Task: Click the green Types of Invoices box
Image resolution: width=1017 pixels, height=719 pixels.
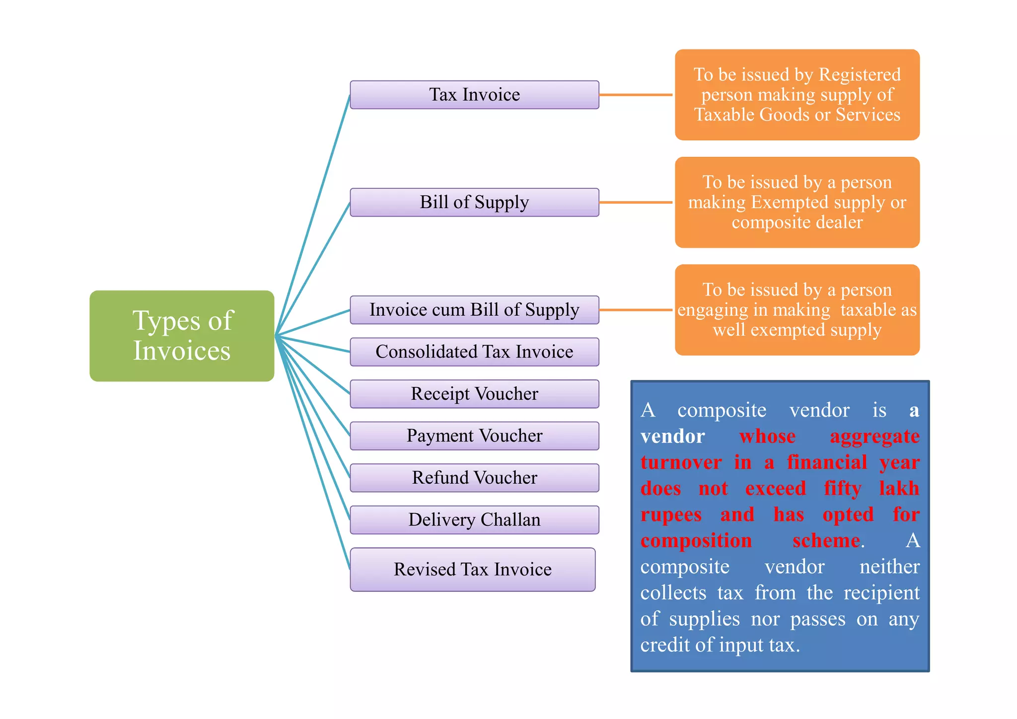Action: (x=182, y=336)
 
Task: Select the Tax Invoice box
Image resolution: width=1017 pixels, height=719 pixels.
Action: (x=474, y=95)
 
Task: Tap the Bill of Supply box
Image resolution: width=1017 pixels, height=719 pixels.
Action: (x=474, y=202)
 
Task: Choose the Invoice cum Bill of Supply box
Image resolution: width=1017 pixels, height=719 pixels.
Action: (x=474, y=310)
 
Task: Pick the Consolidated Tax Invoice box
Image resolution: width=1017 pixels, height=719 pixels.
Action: (x=474, y=352)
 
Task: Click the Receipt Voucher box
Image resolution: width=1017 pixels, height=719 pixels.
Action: (x=474, y=394)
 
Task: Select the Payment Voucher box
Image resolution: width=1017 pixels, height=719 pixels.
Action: (x=474, y=435)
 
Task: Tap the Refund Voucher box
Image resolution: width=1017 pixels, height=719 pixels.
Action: (x=474, y=478)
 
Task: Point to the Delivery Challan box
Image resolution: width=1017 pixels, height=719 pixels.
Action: (x=474, y=520)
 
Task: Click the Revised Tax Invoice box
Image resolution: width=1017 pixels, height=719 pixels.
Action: (x=472, y=570)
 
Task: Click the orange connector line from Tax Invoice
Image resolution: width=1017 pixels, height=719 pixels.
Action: (x=636, y=95)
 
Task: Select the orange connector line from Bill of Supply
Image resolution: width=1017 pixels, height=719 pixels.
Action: (x=636, y=202)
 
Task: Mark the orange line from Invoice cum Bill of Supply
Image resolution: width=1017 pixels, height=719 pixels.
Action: (x=636, y=310)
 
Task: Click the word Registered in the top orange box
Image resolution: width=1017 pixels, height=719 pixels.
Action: (x=860, y=74)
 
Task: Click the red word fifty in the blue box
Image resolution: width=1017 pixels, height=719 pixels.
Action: (x=842, y=489)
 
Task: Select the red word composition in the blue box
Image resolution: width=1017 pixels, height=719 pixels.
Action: (x=696, y=541)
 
